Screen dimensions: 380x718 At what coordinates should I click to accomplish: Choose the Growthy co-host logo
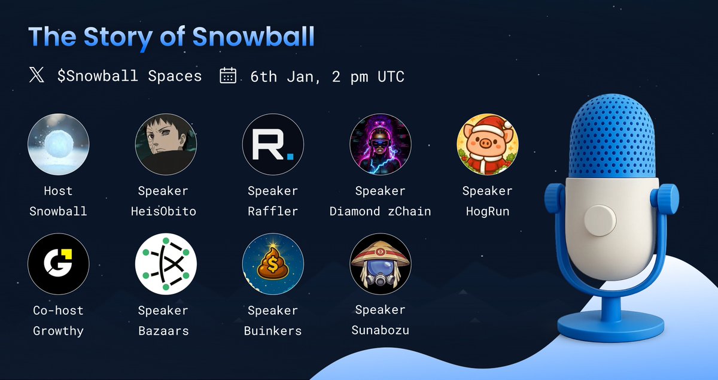click(59, 264)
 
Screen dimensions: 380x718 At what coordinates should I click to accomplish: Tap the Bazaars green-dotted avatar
click(166, 264)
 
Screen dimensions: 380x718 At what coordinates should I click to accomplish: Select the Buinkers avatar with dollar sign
click(273, 264)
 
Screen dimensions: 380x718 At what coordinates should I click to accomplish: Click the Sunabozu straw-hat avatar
click(380, 264)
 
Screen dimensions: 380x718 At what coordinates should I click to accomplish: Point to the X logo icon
click(36, 76)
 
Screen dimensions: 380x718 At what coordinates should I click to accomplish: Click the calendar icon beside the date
click(228, 76)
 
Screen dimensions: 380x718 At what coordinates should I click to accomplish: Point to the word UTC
click(388, 77)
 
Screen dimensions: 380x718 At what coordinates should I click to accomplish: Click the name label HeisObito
click(163, 211)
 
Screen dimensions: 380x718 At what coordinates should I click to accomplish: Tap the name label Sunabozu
click(380, 330)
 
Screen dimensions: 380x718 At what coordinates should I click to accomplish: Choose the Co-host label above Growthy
click(58, 311)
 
